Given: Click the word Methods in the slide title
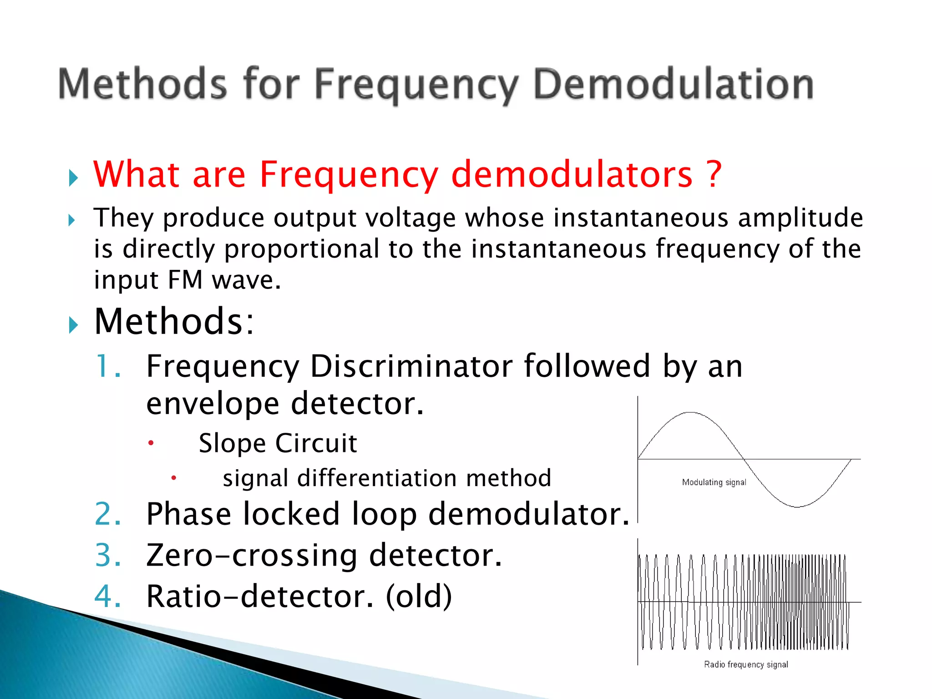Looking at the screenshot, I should [142, 84].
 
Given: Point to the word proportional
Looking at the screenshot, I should [302, 249].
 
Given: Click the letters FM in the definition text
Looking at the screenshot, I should [185, 280].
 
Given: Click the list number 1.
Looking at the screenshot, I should [107, 366].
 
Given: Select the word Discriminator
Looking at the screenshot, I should [411, 366].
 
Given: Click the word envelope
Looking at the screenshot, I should [213, 404].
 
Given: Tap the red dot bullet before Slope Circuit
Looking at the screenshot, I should [151, 443].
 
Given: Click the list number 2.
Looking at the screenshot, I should [108, 514].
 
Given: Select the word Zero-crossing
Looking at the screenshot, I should [252, 556].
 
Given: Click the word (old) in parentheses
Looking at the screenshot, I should [419, 597].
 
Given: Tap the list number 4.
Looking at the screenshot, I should [108, 597].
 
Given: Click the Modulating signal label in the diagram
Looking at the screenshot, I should [714, 482].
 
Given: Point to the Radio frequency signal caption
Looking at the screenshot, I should [746, 664].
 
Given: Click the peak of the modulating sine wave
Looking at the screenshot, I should [691, 413].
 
